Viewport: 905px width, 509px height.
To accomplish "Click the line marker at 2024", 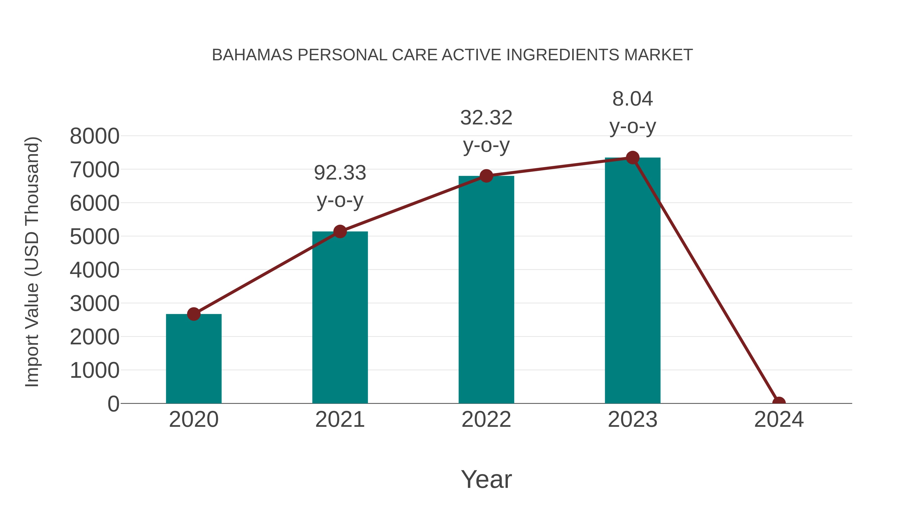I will tap(779, 403).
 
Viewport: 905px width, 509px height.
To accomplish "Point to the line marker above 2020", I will tap(194, 314).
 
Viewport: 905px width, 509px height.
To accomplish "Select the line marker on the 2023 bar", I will tap(632, 158).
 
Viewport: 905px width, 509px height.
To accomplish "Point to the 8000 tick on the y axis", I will tap(95, 136).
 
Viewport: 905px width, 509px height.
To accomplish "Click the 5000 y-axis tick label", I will tap(95, 237).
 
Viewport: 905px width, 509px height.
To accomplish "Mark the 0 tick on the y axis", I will tap(113, 404).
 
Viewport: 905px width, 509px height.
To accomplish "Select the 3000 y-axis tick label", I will tap(95, 303).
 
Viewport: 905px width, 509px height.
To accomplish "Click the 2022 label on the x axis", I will tap(486, 420).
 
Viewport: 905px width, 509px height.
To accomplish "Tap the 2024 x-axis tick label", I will tap(779, 420).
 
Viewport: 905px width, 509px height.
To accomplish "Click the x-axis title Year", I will tap(486, 479).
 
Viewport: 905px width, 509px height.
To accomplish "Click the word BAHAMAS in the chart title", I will tap(252, 55).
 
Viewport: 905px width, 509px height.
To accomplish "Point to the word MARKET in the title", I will tap(658, 55).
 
